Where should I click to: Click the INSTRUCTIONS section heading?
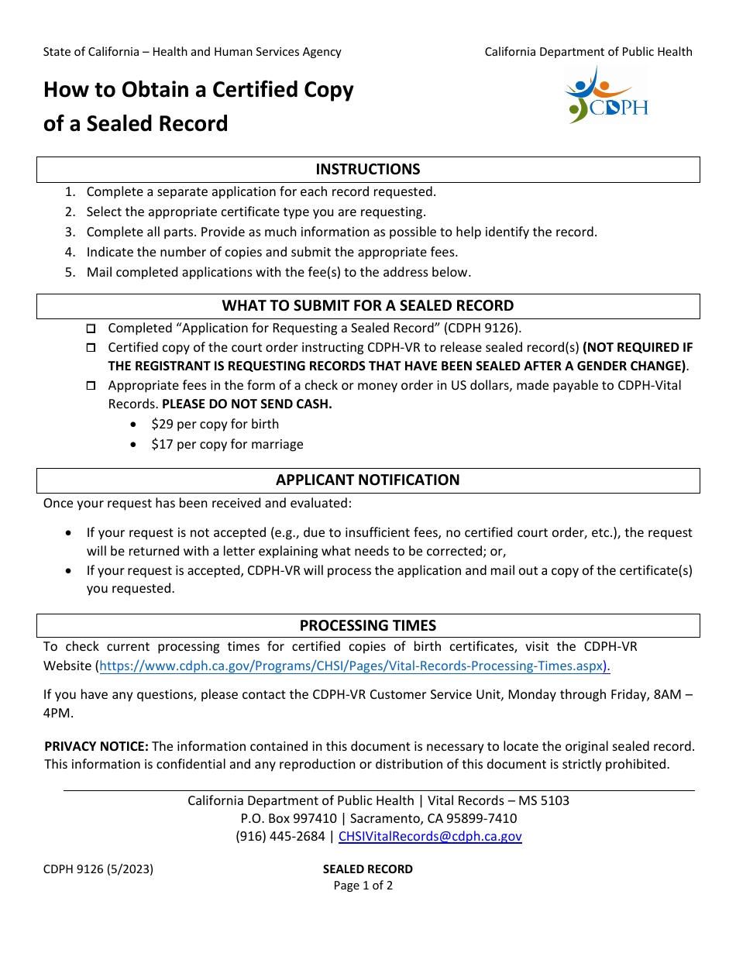pos(368,170)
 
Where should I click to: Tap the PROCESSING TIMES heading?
pos(368,625)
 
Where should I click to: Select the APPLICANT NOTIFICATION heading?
pos(368,480)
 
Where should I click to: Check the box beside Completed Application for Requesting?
pos(91,329)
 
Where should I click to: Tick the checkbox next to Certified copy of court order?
pos(91,349)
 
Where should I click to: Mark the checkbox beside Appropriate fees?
pos(91,386)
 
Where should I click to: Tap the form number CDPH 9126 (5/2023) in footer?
pos(98,869)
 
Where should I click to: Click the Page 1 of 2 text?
pos(363,886)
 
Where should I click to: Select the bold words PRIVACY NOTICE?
pos(96,746)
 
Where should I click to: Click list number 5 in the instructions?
pos(70,272)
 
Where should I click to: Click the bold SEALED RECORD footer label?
pos(368,869)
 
